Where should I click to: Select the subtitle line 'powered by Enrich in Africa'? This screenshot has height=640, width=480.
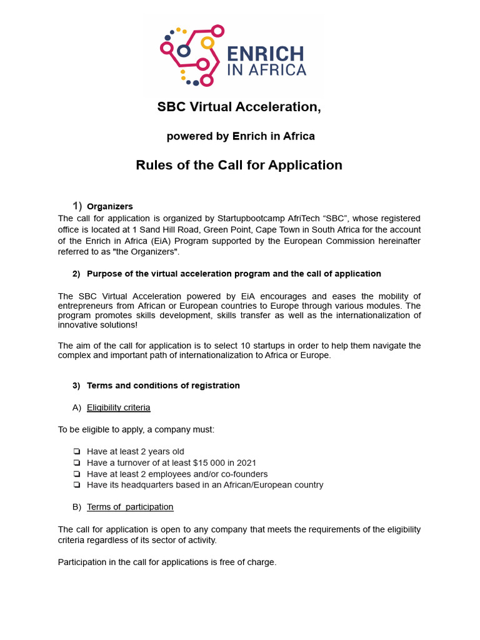tap(240, 136)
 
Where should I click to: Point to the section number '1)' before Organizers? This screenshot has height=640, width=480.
tap(77, 206)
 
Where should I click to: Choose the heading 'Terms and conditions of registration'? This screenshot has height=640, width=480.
tap(163, 386)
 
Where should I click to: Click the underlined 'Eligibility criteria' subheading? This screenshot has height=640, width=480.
tap(119, 407)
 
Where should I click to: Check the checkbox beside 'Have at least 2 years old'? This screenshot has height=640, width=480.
tap(76, 452)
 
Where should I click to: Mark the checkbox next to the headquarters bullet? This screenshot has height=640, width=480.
tap(76, 485)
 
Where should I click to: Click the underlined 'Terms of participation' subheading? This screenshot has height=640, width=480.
tap(130, 507)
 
